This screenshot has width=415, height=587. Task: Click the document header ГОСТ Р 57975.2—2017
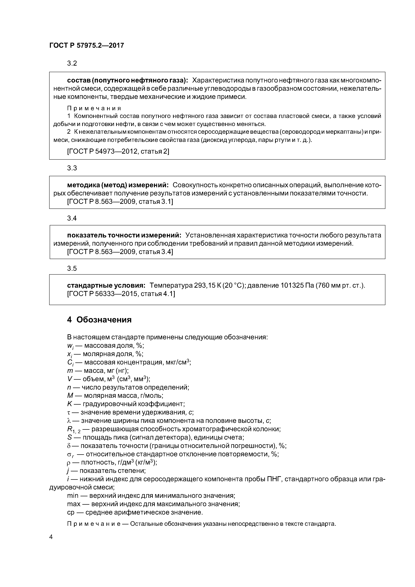[x=86, y=46]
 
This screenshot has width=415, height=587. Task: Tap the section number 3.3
[x=72, y=168]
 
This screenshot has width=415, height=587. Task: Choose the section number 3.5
[x=72, y=268]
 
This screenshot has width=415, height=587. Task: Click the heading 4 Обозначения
[x=99, y=320]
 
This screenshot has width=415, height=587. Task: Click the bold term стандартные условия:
[x=106, y=285]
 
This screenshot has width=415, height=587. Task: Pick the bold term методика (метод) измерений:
[x=118, y=185]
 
